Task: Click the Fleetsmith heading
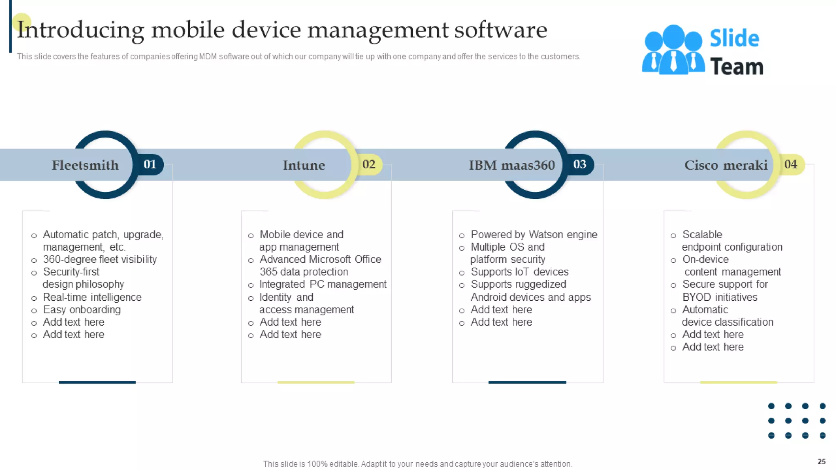pyautogui.click(x=85, y=165)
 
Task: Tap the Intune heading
pyautogui.click(x=304, y=165)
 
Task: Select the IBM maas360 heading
pyautogui.click(x=511, y=165)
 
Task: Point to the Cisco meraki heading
pyautogui.click(x=726, y=165)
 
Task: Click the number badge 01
pyautogui.click(x=150, y=164)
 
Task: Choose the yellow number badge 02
pyautogui.click(x=369, y=164)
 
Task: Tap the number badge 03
pyautogui.click(x=579, y=164)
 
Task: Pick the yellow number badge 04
pyautogui.click(x=790, y=164)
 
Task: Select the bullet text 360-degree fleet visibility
pyautogui.click(x=100, y=259)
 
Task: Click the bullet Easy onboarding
pyautogui.click(x=82, y=310)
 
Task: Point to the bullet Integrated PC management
pyautogui.click(x=322, y=284)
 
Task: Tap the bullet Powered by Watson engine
pyautogui.click(x=534, y=235)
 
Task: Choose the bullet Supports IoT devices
pyautogui.click(x=519, y=272)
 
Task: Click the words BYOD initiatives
pyautogui.click(x=720, y=297)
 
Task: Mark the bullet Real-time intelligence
pyautogui.click(x=92, y=297)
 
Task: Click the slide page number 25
pyautogui.click(x=821, y=461)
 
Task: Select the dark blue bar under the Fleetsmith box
pyautogui.click(x=97, y=382)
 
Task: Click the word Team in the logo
pyautogui.click(x=736, y=67)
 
